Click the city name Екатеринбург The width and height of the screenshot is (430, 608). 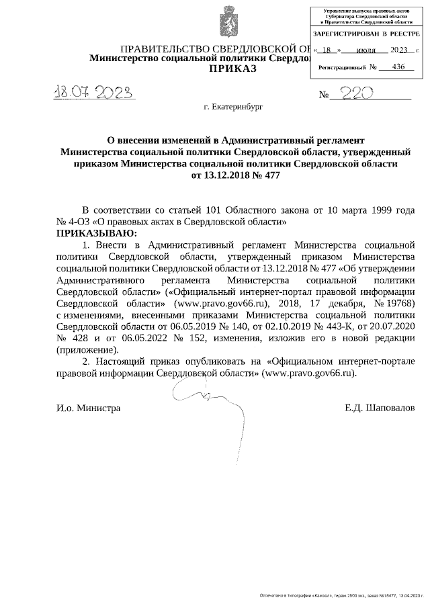point(235,107)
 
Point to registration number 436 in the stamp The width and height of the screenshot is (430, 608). point(398,67)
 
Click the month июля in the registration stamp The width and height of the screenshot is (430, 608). point(365,50)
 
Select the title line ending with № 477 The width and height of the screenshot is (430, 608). point(235,175)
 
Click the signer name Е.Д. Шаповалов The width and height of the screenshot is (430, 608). point(384,408)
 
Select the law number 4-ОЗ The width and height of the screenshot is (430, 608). point(76,222)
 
